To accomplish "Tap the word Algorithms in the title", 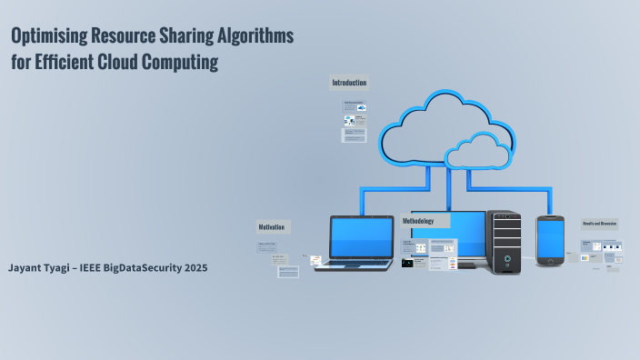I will point(250,37).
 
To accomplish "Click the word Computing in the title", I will point(181,63).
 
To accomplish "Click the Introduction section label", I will point(349,83).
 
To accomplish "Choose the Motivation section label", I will point(272,226).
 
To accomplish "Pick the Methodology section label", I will point(419,221).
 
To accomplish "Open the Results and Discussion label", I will point(600,224).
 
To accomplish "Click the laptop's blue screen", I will point(361,237).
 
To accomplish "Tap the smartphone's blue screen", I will point(551,239).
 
